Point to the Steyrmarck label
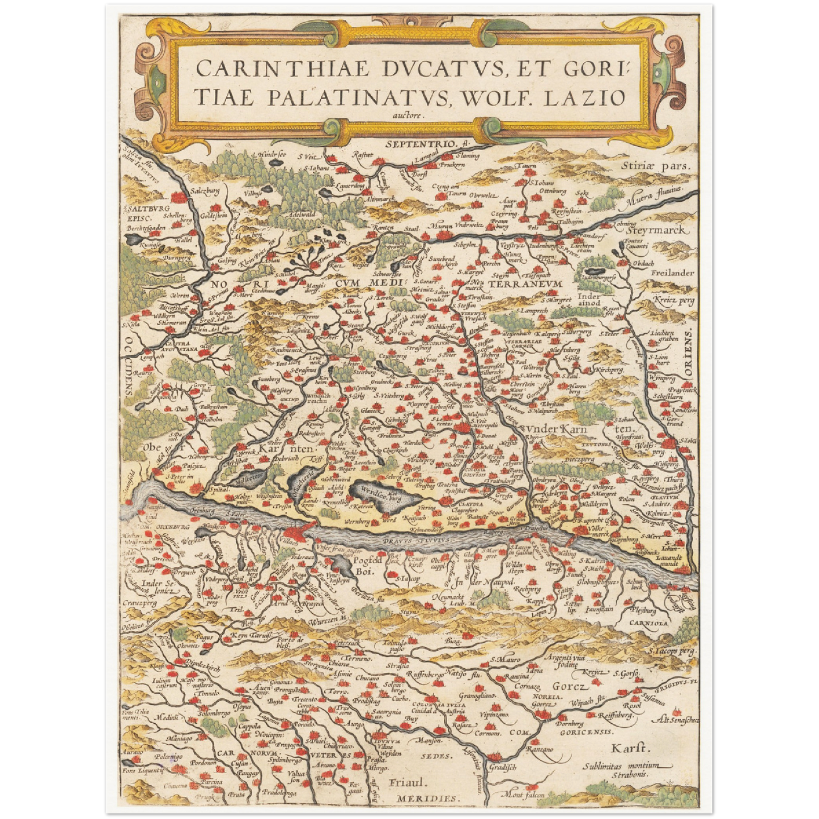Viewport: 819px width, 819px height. [657, 231]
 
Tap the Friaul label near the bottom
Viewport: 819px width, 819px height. [408, 783]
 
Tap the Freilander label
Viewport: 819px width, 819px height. [672, 273]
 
